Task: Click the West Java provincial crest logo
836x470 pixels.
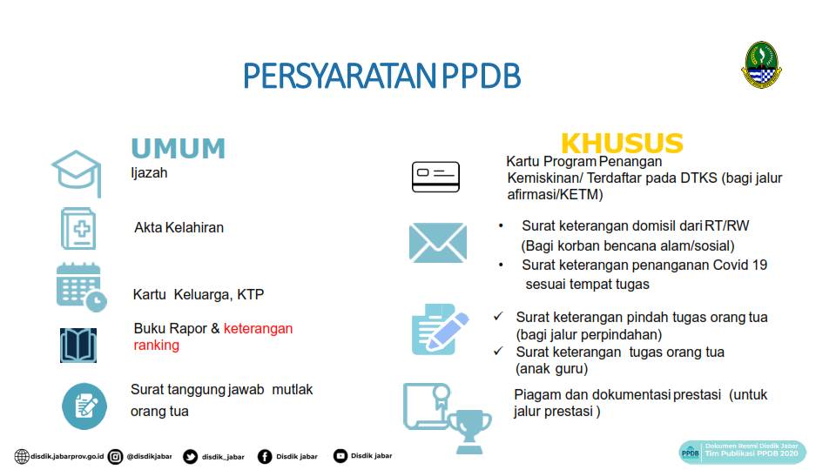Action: click(x=761, y=64)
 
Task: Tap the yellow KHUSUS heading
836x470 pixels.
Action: click(x=622, y=144)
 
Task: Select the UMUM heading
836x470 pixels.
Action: click(x=178, y=148)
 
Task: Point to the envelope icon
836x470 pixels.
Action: click(x=438, y=243)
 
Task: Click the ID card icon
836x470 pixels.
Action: click(x=435, y=177)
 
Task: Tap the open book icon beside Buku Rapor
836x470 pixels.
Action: click(x=78, y=346)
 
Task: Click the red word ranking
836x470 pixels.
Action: click(x=156, y=346)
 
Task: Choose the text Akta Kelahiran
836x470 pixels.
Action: click(x=179, y=227)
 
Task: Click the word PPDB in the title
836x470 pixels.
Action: click(x=481, y=76)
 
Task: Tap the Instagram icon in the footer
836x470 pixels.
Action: click(x=115, y=457)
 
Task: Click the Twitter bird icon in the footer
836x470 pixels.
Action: click(x=191, y=457)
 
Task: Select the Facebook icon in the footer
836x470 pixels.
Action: click(x=265, y=457)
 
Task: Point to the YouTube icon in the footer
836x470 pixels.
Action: click(x=340, y=456)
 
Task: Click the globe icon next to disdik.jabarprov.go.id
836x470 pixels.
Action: click(x=22, y=457)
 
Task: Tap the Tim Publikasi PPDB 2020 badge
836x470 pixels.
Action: click(x=742, y=452)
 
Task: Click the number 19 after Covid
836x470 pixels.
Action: click(x=759, y=265)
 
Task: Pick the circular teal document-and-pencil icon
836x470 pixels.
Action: click(x=84, y=406)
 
